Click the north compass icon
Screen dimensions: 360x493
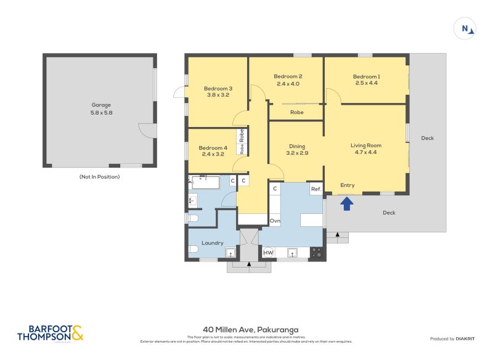click(465, 28)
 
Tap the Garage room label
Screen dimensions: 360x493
click(102, 105)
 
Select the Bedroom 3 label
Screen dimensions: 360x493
click(218, 88)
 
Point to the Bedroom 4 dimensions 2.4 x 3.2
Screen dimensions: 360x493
click(213, 155)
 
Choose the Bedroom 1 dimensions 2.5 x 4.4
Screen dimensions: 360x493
click(366, 84)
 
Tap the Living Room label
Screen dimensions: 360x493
click(366, 145)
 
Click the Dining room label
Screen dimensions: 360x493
click(298, 146)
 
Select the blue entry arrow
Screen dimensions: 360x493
click(348, 203)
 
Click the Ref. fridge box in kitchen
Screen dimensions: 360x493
click(316, 189)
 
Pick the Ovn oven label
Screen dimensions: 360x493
click(275, 220)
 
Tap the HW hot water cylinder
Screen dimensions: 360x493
click(268, 252)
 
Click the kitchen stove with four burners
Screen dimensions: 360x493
click(316, 252)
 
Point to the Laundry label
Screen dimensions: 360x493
click(212, 243)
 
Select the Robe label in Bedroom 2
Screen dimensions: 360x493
click(296, 112)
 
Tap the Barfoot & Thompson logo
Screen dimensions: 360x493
click(50, 333)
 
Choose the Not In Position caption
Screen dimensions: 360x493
click(99, 177)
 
